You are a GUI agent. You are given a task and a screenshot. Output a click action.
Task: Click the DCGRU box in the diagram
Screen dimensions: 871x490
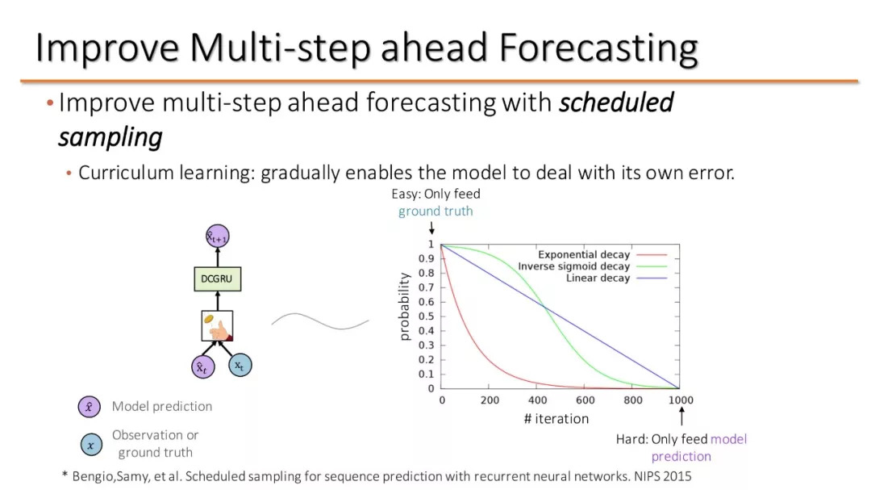(218, 279)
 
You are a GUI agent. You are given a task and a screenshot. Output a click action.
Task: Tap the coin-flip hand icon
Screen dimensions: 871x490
(217, 326)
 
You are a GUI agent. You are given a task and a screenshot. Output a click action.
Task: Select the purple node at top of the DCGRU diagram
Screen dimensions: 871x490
(218, 237)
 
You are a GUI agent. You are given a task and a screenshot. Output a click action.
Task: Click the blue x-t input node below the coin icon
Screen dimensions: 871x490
(240, 365)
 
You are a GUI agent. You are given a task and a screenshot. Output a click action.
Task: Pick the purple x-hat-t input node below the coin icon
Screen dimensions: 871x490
(202, 367)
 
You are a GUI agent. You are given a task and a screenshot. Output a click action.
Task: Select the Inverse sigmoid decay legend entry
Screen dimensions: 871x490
(592, 266)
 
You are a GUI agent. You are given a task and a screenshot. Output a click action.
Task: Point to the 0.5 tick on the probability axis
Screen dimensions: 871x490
(426, 316)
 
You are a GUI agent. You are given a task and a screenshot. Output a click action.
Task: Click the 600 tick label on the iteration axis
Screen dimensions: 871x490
(586, 400)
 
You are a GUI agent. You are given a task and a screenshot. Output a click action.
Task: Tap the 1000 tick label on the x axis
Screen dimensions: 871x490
(681, 400)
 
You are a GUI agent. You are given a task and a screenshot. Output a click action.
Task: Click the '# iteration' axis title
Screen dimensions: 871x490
(556, 419)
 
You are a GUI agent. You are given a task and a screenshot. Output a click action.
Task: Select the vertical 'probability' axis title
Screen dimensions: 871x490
(404, 307)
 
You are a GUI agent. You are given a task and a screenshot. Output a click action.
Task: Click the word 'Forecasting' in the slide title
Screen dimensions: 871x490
(598, 48)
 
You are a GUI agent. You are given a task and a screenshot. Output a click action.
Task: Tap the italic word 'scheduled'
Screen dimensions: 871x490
(616, 103)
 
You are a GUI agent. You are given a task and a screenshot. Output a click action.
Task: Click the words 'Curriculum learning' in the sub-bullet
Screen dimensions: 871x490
(166, 173)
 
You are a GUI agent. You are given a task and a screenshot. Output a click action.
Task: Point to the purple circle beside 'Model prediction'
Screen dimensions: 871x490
(90, 407)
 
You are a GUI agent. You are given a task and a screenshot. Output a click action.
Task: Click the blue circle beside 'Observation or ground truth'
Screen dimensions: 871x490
(91, 445)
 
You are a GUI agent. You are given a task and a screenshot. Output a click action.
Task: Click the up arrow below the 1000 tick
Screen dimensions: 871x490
(681, 416)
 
